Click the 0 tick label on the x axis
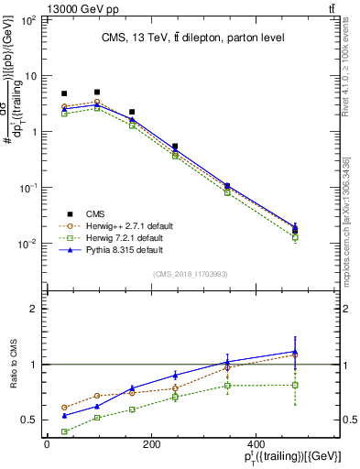pyautogui.click(x=47, y=446)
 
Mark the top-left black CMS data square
pyautogui.click(x=64, y=93)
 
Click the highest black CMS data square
pyautogui.click(x=97, y=92)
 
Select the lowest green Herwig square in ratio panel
pyautogui.click(x=64, y=431)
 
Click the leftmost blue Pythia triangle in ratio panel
pyautogui.click(x=64, y=415)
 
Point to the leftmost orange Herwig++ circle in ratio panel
pyautogui.click(x=64, y=408)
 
